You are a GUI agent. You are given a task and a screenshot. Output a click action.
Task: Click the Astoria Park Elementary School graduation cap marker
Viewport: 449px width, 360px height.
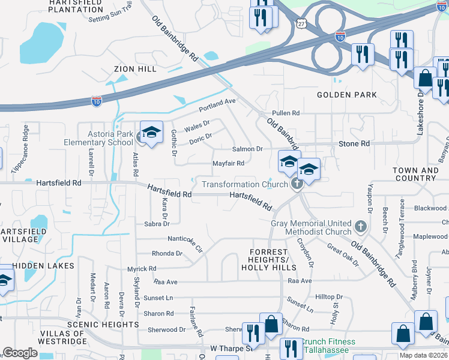152,133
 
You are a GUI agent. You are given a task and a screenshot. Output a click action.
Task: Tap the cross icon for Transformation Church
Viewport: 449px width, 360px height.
295,184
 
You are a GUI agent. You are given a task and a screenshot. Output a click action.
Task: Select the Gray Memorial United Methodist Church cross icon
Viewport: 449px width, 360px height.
360,226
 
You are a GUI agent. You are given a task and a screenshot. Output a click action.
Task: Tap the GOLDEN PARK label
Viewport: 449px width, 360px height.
347,95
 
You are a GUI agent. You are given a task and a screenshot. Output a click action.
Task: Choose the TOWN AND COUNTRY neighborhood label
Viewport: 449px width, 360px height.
415,174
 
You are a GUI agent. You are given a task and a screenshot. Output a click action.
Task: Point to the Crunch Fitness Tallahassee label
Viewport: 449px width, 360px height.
329,346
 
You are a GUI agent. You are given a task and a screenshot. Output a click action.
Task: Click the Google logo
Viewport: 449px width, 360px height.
20,353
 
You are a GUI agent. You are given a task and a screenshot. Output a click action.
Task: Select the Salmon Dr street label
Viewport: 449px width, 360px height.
248,149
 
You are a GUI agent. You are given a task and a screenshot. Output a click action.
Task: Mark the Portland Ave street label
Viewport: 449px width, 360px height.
217,106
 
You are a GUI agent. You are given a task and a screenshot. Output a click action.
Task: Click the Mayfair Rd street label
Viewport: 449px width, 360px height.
228,163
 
